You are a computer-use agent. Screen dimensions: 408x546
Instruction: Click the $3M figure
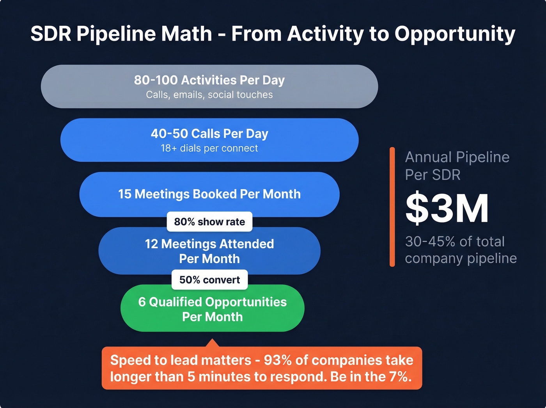click(447, 208)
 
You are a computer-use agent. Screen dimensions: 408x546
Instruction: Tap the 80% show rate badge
click(209, 222)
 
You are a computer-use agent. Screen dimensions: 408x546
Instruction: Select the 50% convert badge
click(209, 280)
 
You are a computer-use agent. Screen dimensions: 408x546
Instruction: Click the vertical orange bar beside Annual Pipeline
click(392, 207)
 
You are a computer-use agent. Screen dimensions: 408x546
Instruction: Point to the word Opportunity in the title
click(455, 34)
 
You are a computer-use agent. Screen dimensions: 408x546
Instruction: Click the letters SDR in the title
click(51, 34)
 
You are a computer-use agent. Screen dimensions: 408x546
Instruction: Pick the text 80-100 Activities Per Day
click(209, 80)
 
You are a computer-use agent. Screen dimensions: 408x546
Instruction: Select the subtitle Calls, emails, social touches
click(209, 95)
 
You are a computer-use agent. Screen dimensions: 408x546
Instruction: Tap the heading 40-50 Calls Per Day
click(209, 134)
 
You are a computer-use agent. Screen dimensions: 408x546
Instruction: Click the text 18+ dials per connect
click(209, 148)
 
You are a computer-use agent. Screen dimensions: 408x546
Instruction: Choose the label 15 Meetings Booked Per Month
click(209, 194)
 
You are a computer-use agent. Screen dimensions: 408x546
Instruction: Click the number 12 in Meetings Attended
click(151, 244)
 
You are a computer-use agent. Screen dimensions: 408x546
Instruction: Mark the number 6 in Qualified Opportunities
click(142, 302)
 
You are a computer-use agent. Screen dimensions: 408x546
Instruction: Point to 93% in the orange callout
click(277, 360)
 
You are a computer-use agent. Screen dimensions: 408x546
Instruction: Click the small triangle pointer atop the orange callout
click(212, 343)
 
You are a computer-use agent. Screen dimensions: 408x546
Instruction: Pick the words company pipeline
click(461, 258)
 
